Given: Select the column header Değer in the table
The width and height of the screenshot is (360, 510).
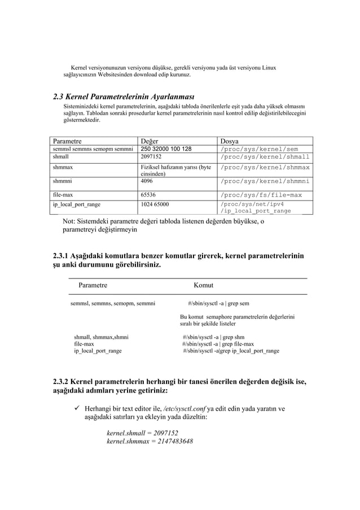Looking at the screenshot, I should (x=150, y=140).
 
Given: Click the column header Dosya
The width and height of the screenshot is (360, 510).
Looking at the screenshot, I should (x=230, y=140).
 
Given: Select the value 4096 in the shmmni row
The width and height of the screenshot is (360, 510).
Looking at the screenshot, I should (x=146, y=181).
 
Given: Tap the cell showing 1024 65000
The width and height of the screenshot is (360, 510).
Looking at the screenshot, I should (x=155, y=204).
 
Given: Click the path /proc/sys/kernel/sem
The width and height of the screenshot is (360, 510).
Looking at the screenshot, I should (x=258, y=149).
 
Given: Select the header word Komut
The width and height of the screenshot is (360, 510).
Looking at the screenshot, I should (x=203, y=286).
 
